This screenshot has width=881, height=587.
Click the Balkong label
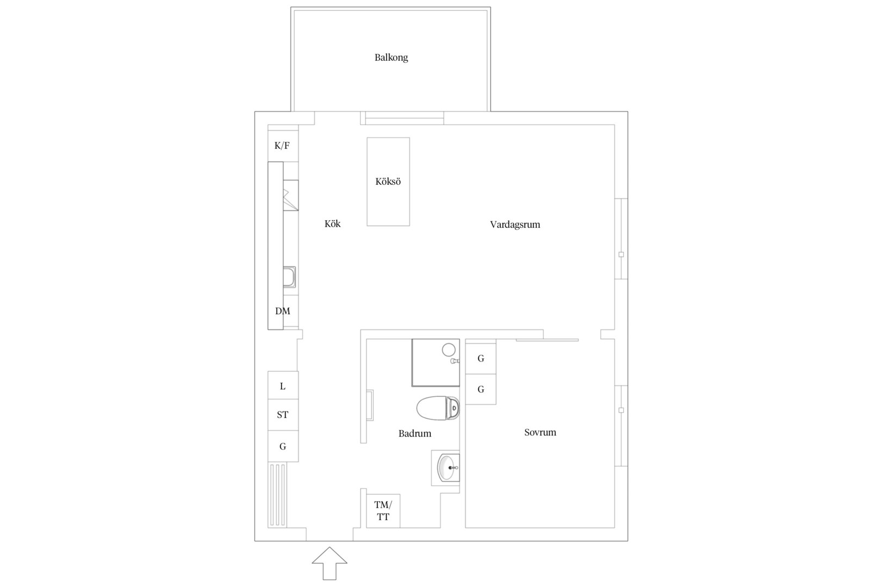[x=391, y=58]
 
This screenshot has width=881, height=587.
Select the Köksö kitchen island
[x=388, y=182]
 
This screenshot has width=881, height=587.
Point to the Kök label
[x=332, y=224]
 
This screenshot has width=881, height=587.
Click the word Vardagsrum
[x=515, y=224]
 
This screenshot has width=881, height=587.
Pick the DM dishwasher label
[x=282, y=311]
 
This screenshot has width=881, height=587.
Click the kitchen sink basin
[x=289, y=277]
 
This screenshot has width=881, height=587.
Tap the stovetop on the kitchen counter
[x=290, y=195]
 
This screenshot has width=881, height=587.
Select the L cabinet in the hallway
[x=283, y=385]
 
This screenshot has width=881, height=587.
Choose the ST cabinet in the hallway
[x=283, y=415]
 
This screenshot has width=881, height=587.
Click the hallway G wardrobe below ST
[x=283, y=446]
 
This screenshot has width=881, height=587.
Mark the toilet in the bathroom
[x=438, y=408]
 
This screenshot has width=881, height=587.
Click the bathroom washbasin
[x=448, y=467]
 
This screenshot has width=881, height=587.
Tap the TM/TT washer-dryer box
[x=383, y=511]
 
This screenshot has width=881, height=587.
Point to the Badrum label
[x=414, y=434]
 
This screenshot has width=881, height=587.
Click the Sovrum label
[x=540, y=433]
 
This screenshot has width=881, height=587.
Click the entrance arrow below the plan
[x=330, y=564]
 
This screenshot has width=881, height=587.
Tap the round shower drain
[x=449, y=349]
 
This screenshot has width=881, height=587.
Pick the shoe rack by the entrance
[x=278, y=495]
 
